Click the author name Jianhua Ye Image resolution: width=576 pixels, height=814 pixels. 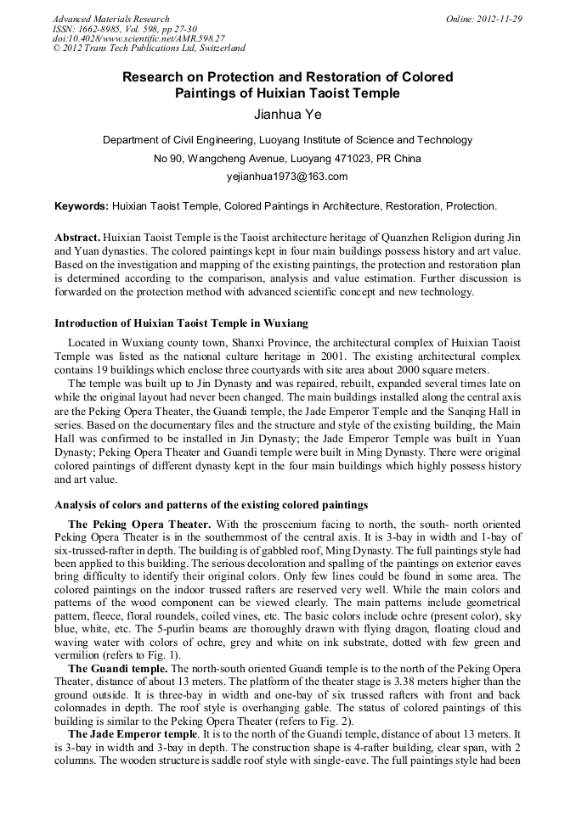(287, 114)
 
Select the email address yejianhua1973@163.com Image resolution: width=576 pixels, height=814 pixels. (287, 177)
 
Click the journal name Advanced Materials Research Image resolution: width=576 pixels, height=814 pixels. (110, 19)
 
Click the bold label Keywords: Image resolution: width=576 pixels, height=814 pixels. (82, 206)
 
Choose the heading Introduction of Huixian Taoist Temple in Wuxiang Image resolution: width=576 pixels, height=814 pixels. (181, 323)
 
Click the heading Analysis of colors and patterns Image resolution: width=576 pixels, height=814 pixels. (211, 504)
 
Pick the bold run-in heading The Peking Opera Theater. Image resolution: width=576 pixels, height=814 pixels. (139, 525)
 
